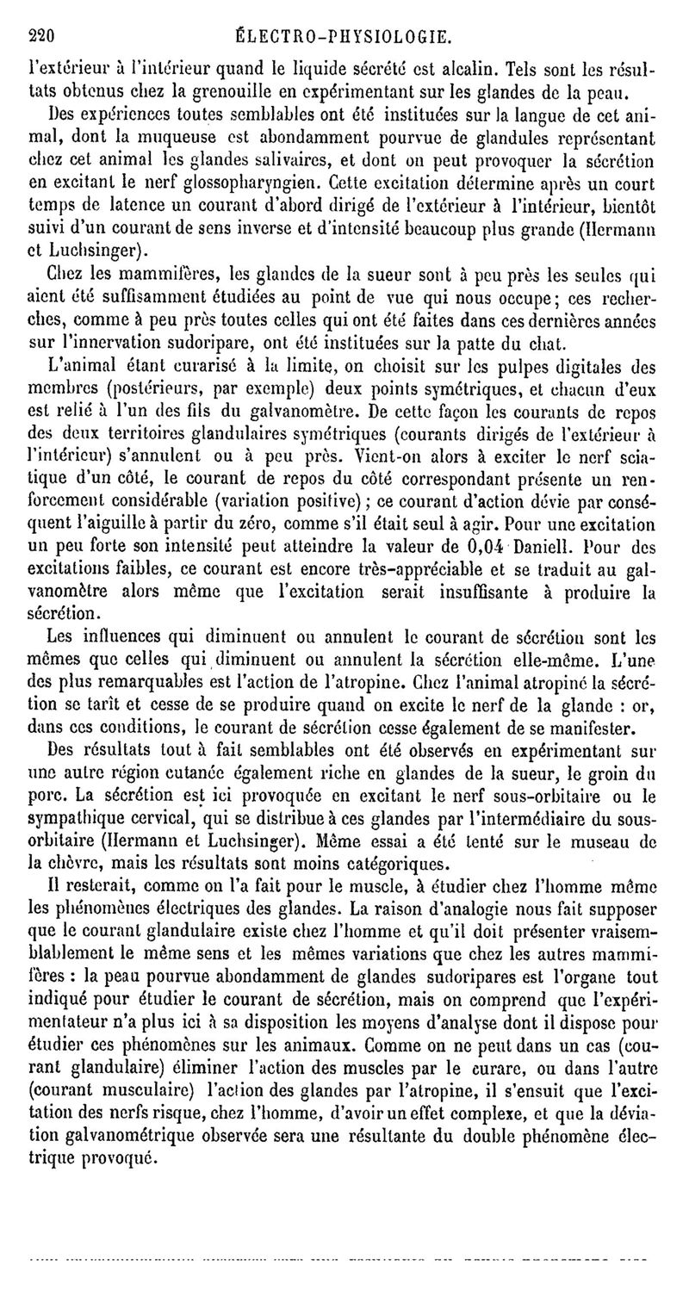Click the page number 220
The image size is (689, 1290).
42,36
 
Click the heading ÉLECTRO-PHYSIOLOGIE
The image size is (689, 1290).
342,36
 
